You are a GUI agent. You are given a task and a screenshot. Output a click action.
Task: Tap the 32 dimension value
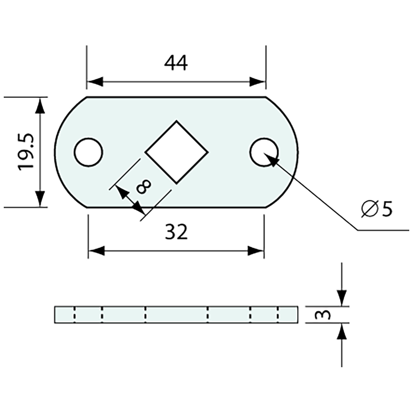click(176, 232)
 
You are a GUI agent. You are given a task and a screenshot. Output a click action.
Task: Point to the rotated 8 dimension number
click(144, 186)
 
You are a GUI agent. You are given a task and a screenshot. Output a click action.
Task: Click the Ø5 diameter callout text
click(377, 209)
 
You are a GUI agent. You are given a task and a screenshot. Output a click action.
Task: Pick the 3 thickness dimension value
click(323, 315)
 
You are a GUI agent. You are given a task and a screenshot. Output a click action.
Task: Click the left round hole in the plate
click(88, 152)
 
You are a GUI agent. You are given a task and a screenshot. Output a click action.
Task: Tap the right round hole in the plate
click(264, 152)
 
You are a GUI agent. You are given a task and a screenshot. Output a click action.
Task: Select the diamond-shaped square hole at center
click(176, 152)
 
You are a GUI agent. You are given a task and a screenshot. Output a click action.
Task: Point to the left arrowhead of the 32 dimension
click(96, 251)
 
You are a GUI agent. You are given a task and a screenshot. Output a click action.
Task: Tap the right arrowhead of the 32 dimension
click(256, 251)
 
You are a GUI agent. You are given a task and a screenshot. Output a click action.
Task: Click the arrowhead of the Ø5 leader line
click(271, 159)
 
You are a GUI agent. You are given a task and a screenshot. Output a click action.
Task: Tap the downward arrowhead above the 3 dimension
click(342, 298)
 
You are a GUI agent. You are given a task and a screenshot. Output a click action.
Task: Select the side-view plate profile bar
click(176, 315)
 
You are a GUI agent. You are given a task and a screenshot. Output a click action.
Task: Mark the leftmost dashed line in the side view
click(75, 315)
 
